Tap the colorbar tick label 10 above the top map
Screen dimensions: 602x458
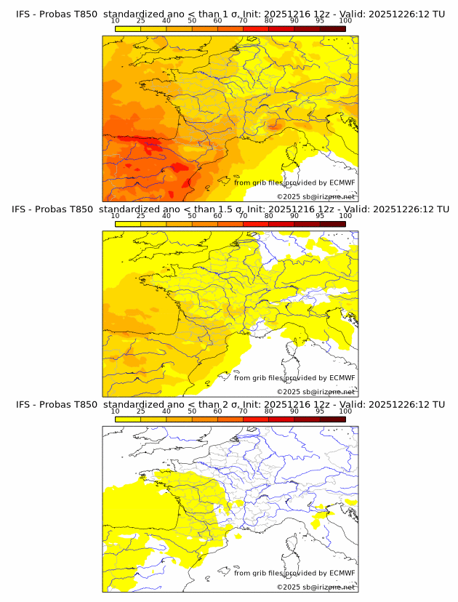click(115, 20)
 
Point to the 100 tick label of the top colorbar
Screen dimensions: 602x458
click(345, 20)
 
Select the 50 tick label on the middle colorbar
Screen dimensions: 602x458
click(192, 215)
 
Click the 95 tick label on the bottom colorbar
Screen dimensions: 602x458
click(320, 410)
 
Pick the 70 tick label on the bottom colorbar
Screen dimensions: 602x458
click(243, 410)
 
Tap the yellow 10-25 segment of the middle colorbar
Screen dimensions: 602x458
click(128, 222)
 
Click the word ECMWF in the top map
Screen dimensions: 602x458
click(342, 182)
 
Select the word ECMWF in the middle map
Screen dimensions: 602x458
click(342, 377)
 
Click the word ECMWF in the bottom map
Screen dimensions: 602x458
click(342, 573)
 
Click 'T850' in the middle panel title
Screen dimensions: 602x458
click(84, 209)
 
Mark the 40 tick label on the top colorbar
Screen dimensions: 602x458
click(166, 20)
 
